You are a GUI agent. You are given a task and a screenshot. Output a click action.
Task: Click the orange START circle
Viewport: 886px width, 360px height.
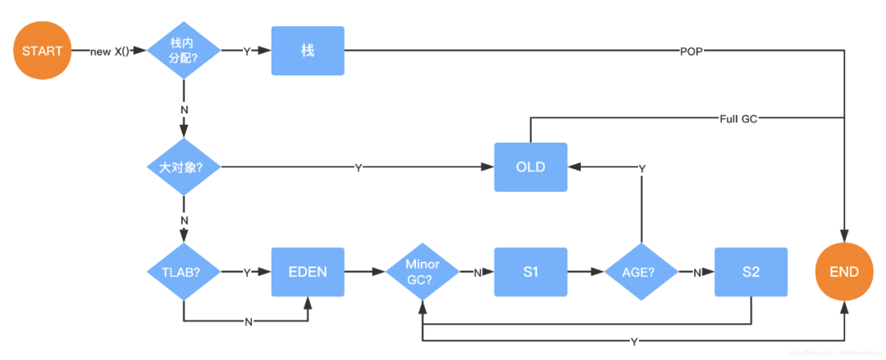[x=42, y=50]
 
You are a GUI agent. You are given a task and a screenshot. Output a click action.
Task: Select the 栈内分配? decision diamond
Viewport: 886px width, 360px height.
[x=183, y=50]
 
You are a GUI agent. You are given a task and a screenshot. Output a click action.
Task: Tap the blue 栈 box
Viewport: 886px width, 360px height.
[x=308, y=50]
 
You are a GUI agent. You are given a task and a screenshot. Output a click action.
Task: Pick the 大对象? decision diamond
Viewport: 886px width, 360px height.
[x=183, y=167]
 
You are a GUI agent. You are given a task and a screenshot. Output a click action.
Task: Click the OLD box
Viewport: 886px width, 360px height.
[x=530, y=167]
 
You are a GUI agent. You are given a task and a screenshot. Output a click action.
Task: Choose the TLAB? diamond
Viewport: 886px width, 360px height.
[x=183, y=272]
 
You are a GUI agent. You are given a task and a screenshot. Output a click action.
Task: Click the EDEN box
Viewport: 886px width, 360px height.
[x=308, y=272]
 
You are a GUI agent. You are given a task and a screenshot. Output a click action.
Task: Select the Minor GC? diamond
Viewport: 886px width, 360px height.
[x=422, y=272]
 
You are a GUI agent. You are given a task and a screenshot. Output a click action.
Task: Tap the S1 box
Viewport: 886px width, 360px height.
[x=530, y=272]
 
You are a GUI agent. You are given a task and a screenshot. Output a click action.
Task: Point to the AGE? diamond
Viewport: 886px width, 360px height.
[x=641, y=272]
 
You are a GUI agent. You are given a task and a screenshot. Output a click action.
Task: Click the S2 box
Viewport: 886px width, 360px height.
[x=751, y=272]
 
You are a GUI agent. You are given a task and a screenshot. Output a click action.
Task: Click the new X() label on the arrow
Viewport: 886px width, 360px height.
[x=110, y=51]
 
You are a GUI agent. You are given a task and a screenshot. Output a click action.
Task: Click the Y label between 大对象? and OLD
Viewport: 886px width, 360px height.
[x=358, y=168]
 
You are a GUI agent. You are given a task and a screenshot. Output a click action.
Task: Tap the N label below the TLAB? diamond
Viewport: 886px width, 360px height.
[x=249, y=321]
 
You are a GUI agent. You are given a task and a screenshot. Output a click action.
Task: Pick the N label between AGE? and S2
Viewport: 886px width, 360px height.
[x=696, y=273]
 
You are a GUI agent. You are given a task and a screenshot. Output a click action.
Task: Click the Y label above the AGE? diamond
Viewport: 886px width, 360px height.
[x=642, y=168]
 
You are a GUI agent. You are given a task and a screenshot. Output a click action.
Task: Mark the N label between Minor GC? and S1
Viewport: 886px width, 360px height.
[x=477, y=273]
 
